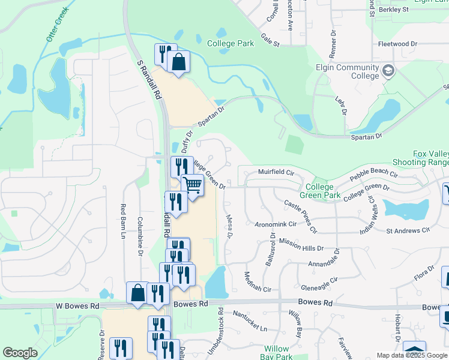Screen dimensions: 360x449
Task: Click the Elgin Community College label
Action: click(x=348, y=72)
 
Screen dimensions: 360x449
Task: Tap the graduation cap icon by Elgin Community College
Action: click(x=388, y=71)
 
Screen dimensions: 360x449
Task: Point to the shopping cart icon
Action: click(x=193, y=185)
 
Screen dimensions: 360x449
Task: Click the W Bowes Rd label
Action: click(x=77, y=306)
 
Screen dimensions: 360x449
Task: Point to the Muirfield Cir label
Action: click(x=275, y=172)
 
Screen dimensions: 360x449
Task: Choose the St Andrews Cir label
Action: click(x=408, y=230)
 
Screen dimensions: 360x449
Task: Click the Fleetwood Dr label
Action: click(x=397, y=44)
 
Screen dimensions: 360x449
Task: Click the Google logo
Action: click(x=20, y=353)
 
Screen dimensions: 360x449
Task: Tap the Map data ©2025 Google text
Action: click(x=411, y=355)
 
